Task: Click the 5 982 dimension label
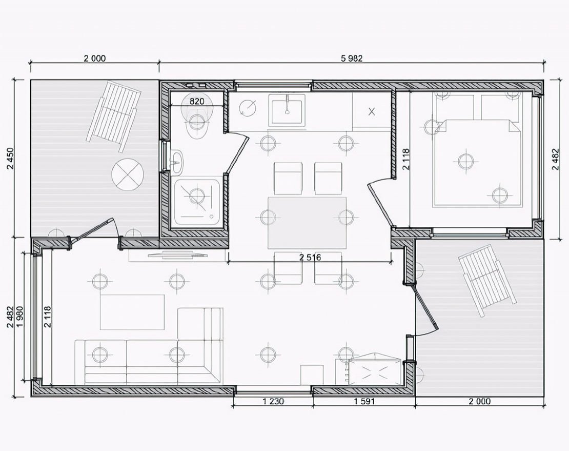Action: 352,58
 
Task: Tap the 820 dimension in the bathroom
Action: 197,101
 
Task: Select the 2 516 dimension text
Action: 310,258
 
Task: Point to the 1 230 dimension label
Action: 273,401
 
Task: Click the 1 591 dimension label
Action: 364,401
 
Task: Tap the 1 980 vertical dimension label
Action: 20,317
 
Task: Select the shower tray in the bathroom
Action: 197,202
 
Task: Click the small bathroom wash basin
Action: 177,162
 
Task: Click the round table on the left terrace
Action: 128,174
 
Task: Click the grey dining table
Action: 307,223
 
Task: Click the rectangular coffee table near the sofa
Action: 132,312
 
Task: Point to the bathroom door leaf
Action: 237,153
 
